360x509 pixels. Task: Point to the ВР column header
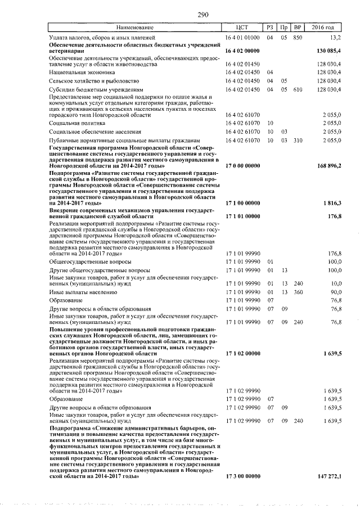click(x=298, y=27)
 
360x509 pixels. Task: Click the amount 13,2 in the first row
click(x=335, y=37)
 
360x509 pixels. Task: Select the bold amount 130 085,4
click(x=326, y=51)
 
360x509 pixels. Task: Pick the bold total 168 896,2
click(x=326, y=166)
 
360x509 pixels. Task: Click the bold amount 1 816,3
click(x=330, y=202)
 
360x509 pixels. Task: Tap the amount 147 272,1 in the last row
click(x=326, y=476)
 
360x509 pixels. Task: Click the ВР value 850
click(x=298, y=37)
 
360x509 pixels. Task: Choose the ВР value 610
click(x=298, y=89)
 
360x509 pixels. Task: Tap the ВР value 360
click(x=298, y=292)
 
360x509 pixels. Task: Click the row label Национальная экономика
click(x=82, y=73)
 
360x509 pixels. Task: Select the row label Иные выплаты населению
click(x=83, y=292)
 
